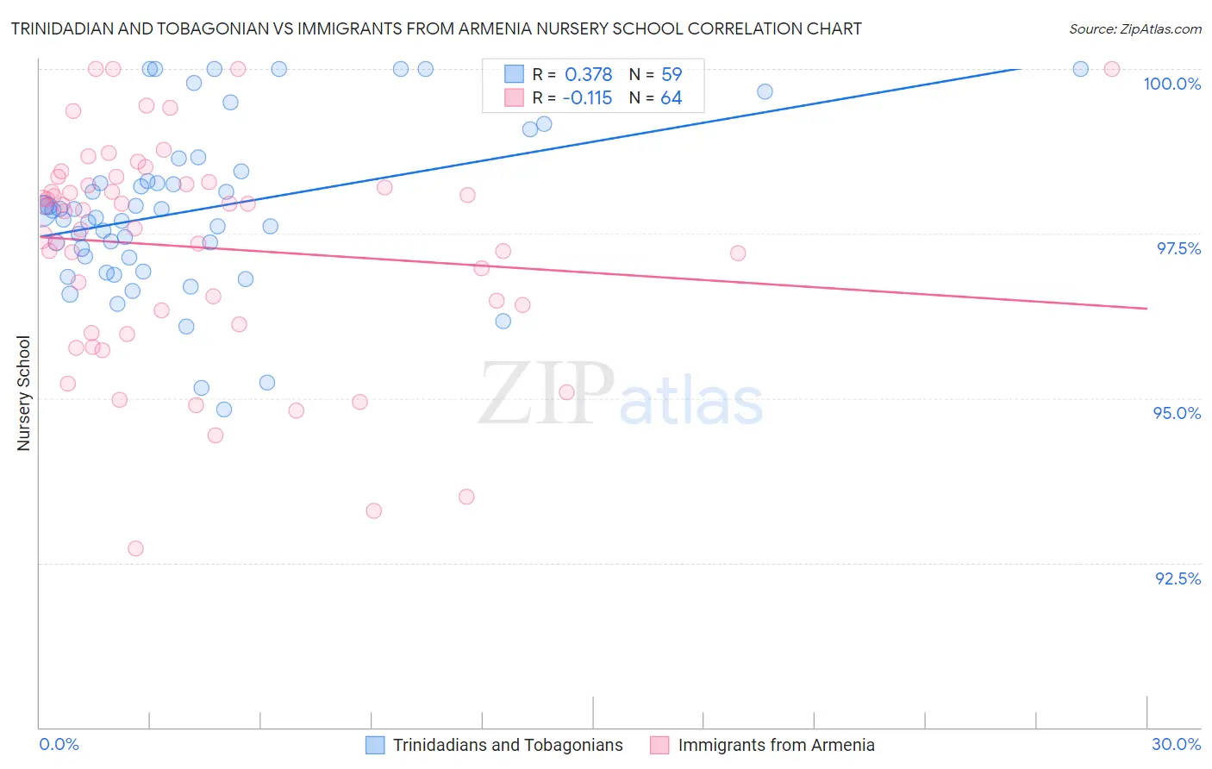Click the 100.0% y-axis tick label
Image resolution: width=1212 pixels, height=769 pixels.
[1171, 84]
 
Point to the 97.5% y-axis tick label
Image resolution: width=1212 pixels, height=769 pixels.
[1178, 248]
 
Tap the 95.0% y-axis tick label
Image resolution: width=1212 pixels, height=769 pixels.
[1177, 413]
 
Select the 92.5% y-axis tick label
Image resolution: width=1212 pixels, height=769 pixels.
[1178, 578]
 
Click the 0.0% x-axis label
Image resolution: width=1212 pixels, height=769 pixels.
[59, 744]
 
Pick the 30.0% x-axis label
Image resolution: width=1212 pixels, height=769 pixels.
[1176, 744]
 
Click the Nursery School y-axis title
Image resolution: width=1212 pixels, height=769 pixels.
[23, 393]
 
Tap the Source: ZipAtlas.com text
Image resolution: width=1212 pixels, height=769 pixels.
[1134, 28]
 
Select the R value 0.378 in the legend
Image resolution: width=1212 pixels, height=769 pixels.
[588, 75]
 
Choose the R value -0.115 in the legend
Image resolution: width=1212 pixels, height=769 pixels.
[586, 98]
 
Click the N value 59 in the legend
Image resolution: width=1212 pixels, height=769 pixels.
[672, 75]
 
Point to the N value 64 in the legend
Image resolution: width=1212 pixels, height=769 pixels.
[672, 98]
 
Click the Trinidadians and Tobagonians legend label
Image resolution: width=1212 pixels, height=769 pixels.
[508, 745]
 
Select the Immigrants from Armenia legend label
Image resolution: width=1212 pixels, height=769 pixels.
[776, 745]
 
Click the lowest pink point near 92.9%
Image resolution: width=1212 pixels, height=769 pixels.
[135, 548]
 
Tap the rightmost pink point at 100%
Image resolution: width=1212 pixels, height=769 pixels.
[1112, 69]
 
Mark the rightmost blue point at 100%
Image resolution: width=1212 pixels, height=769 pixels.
[1080, 69]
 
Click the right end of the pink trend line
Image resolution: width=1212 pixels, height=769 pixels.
[1146, 308]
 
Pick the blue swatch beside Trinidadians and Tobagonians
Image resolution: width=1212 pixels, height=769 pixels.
[375, 745]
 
